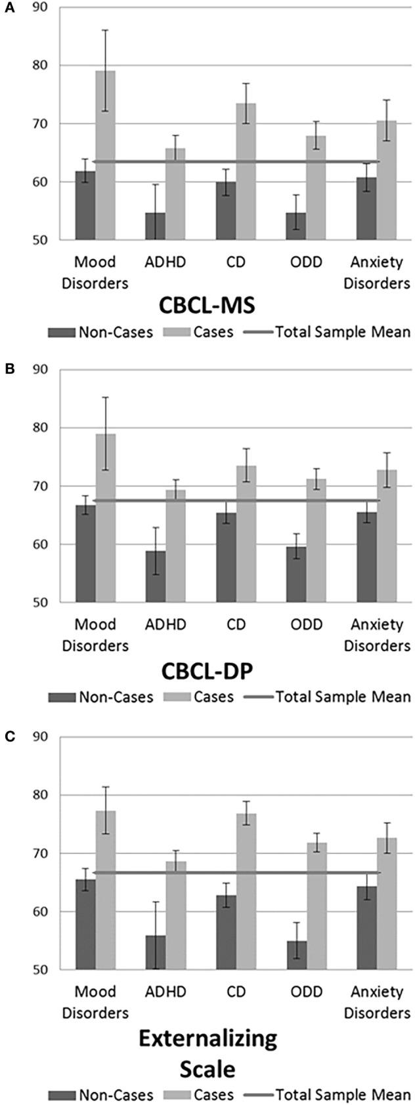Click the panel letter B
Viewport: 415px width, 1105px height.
(9, 369)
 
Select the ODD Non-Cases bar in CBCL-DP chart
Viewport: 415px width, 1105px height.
(296, 574)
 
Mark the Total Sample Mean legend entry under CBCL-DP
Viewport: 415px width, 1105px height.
(325, 696)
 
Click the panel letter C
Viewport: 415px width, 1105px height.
(9, 736)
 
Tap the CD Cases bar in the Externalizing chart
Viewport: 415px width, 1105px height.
(246, 892)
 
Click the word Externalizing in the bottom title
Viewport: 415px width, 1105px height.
(207, 1039)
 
